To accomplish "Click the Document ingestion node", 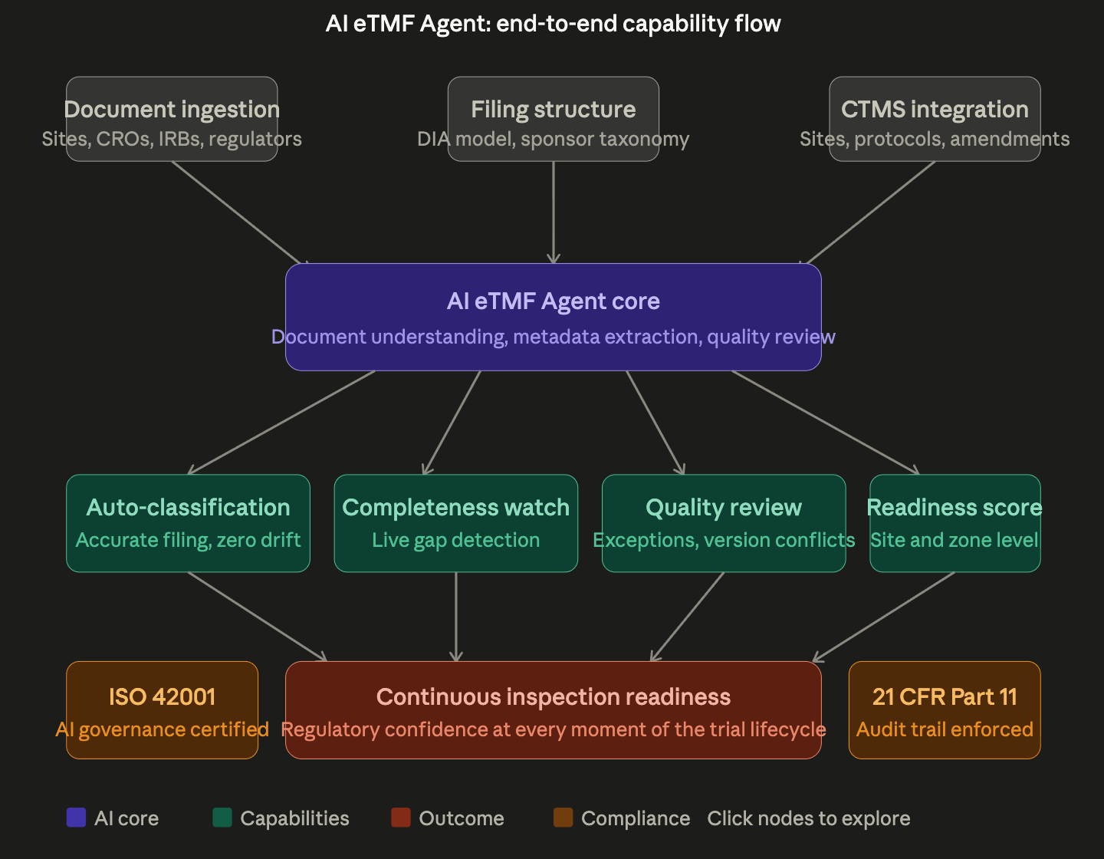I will (x=172, y=119).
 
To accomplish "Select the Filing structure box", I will (x=553, y=119).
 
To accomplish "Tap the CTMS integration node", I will (x=935, y=119).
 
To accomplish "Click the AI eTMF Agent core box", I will (x=553, y=317).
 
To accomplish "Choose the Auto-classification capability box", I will (x=188, y=523).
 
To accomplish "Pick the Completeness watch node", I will (x=455, y=523).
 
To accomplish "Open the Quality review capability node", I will (x=724, y=523).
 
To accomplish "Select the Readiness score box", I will (x=955, y=523).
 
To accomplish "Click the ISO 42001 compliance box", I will (x=162, y=710).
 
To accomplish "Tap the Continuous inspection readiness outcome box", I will (x=553, y=710).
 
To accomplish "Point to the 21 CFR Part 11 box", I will (x=945, y=710).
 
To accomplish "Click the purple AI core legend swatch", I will (x=77, y=818).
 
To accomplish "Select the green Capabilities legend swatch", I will (x=222, y=818).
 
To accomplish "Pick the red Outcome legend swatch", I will (x=401, y=818).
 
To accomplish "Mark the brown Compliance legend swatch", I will (x=563, y=818).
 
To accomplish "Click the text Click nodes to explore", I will (x=809, y=818).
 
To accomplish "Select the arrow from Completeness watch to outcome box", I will (x=456, y=617).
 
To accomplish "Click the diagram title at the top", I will (x=553, y=24).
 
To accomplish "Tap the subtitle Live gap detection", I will (x=455, y=540).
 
